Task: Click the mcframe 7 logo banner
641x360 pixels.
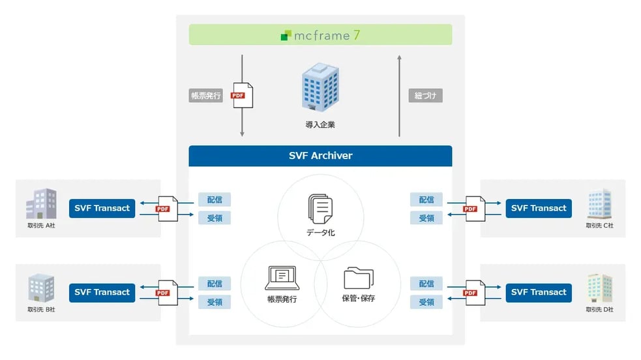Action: (x=320, y=35)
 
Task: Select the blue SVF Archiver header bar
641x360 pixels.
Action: (x=320, y=156)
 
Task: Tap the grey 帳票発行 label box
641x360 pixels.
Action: (x=206, y=96)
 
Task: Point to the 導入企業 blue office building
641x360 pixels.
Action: (x=320, y=88)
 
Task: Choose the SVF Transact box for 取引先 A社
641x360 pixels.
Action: (x=102, y=208)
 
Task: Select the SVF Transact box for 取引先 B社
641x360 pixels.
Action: (x=102, y=292)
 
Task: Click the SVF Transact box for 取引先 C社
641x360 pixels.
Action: (x=539, y=208)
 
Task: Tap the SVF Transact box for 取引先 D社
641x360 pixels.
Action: (x=539, y=292)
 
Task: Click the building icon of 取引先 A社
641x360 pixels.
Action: (x=41, y=203)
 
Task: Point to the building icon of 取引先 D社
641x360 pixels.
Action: (x=599, y=288)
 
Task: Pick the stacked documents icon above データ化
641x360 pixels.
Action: (x=320, y=209)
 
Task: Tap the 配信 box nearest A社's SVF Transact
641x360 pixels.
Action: (x=215, y=200)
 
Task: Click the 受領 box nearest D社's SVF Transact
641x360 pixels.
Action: (x=426, y=302)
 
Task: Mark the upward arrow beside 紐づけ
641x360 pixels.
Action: (x=400, y=95)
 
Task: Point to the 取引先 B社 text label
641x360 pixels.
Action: (x=41, y=309)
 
